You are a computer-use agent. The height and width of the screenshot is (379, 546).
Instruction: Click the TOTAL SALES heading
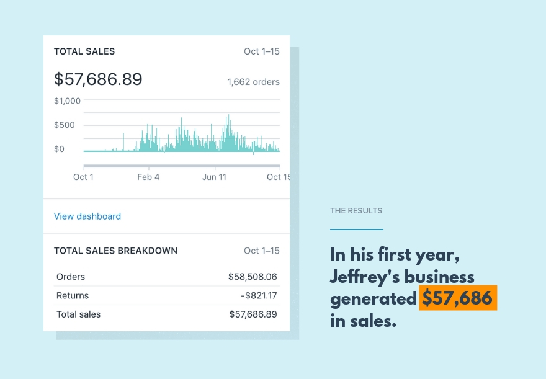84,51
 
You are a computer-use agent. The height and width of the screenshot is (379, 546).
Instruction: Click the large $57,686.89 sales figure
98,79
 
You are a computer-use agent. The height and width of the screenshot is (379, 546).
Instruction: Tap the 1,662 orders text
253,82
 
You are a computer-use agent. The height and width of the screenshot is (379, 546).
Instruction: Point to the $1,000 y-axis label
67,100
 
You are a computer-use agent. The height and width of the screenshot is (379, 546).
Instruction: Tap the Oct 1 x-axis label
83,177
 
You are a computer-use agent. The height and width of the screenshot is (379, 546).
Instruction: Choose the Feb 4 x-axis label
148,177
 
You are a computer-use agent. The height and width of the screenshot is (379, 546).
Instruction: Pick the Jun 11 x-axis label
214,177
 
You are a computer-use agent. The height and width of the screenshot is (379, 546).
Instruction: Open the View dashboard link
87,216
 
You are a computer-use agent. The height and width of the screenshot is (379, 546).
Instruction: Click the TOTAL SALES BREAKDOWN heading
115,251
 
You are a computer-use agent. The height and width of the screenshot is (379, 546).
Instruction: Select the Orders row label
71,277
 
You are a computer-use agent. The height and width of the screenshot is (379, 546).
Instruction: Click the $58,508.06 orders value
253,277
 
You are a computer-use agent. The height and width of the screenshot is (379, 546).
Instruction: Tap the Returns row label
73,296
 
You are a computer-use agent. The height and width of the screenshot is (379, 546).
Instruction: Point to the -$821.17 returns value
259,296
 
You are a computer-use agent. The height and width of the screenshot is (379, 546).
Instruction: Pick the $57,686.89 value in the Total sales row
253,314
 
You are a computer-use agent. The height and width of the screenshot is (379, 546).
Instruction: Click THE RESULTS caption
356,211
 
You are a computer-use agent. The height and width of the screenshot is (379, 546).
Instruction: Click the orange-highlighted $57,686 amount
457,298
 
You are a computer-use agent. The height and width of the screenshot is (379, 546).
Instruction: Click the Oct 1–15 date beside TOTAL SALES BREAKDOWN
261,251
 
